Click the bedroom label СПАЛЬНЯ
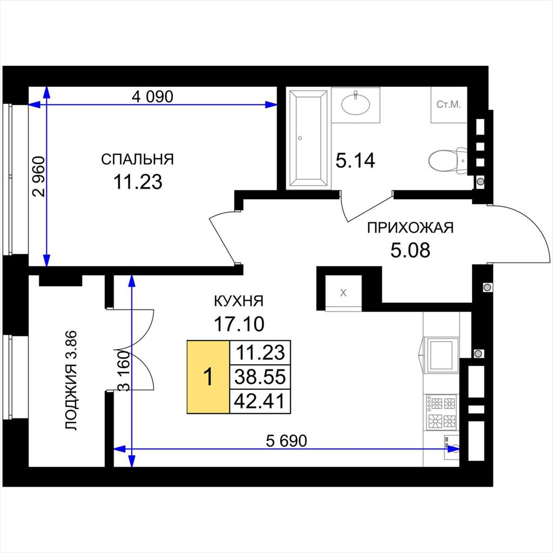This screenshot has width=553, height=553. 138,159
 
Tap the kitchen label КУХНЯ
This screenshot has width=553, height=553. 239,301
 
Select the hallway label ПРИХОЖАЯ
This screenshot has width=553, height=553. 410,228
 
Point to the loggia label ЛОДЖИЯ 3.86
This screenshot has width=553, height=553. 71,380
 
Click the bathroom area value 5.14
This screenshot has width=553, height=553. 355,161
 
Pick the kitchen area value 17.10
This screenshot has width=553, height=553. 239,324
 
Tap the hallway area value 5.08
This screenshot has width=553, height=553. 410,250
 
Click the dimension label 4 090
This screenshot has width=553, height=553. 152,96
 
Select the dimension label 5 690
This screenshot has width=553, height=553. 286,441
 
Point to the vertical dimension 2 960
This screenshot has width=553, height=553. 39,177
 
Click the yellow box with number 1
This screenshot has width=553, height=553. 208,376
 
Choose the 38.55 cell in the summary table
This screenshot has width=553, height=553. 260,376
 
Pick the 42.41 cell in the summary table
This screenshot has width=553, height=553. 260,401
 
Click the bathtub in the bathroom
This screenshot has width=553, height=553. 308,138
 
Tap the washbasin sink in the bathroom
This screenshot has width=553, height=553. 355,103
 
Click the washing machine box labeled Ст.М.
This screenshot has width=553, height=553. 449,105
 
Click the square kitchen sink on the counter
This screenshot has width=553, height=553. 440,355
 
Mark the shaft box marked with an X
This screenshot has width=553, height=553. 343,293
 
